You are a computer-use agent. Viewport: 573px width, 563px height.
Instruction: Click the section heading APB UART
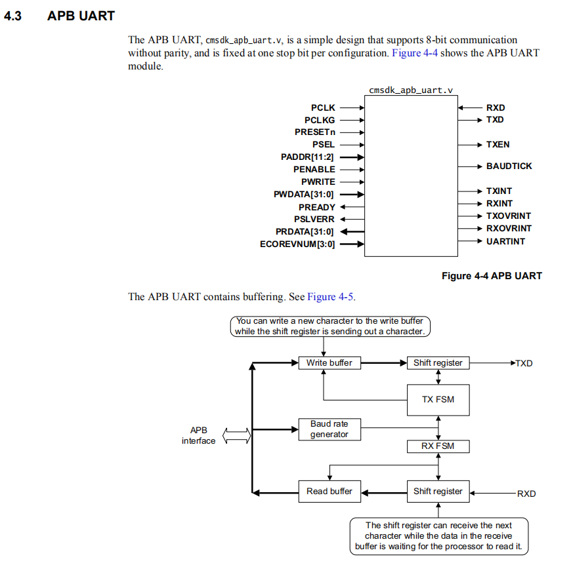coord(81,16)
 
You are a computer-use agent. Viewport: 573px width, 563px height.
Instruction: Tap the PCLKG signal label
coord(320,120)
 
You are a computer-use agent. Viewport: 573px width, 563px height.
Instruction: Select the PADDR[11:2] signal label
coord(308,157)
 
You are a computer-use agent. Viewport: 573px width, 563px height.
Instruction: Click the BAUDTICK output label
coord(509,166)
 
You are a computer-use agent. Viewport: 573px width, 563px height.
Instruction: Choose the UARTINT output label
coord(505,241)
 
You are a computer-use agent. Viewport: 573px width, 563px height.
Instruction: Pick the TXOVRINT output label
coord(508,216)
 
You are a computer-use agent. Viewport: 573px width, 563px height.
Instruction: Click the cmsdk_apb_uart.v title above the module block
coord(411,90)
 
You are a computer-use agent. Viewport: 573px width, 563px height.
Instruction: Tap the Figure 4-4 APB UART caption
coord(492,276)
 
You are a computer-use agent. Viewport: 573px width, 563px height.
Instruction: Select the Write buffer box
coord(329,363)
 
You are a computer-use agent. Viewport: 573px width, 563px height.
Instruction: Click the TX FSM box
coord(438,400)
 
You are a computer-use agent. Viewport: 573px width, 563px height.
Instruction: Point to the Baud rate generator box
coord(329,429)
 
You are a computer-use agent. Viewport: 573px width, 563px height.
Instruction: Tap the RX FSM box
coord(438,446)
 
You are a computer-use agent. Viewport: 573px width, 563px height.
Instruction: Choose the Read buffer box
coord(329,492)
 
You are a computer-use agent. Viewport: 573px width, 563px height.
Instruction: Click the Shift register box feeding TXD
coord(438,363)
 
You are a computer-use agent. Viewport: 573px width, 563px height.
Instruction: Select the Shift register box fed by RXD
coord(438,492)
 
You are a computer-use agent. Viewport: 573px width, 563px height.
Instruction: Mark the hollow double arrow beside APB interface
coord(237,436)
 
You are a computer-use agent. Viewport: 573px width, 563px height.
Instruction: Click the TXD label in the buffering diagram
coord(524,364)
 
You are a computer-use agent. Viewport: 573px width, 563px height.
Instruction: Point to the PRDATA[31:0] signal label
coord(305,232)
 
